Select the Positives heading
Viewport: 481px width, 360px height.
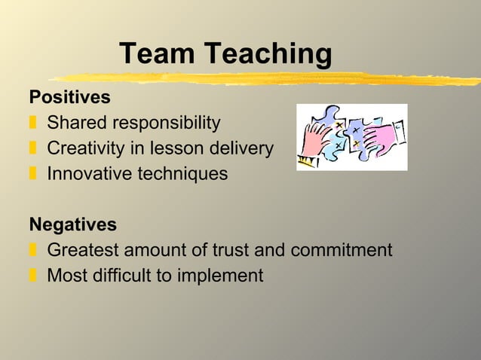pyautogui.click(x=69, y=98)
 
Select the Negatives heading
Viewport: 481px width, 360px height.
pyautogui.click(x=72, y=224)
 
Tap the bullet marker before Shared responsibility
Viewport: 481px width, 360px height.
pyautogui.click(x=33, y=123)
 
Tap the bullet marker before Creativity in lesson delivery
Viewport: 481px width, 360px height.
pyautogui.click(x=33, y=148)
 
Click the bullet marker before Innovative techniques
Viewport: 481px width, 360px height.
pyautogui.click(x=33, y=174)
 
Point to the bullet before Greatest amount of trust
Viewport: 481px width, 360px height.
pyautogui.click(x=33, y=250)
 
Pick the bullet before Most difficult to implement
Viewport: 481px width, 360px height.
pyautogui.click(x=33, y=276)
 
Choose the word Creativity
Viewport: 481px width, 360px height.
pyautogui.click(x=81, y=148)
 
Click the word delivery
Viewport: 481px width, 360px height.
pyautogui.click(x=241, y=148)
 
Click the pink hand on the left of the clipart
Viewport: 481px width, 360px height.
pyautogui.click(x=317, y=139)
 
